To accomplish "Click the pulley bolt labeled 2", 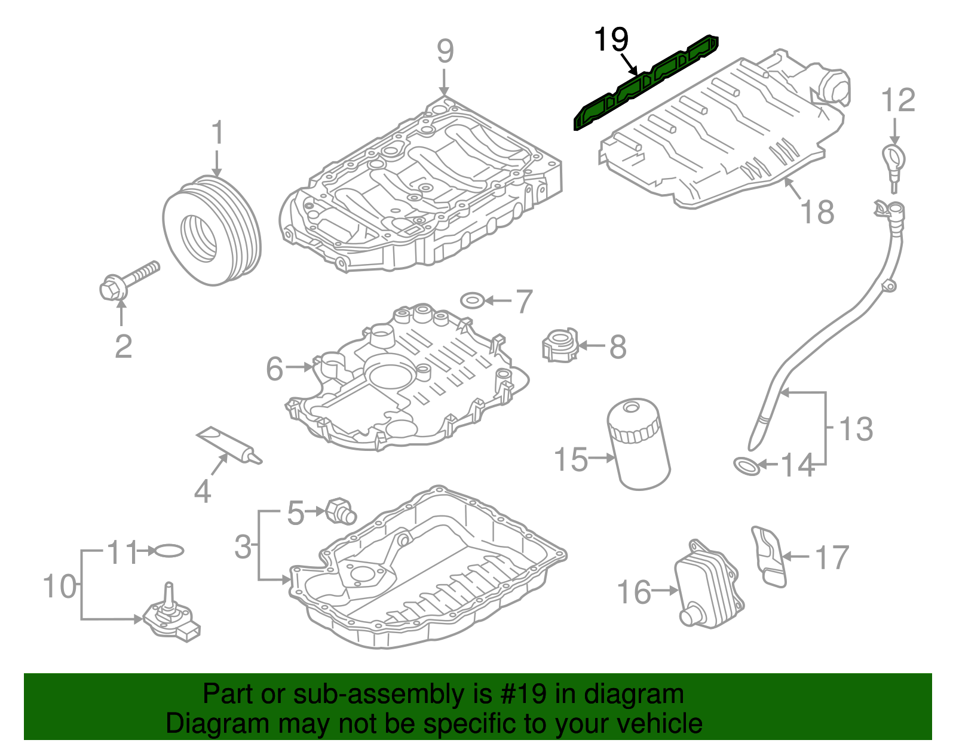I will pyautogui.click(x=130, y=280).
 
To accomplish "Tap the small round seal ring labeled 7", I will pyautogui.click(x=473, y=299).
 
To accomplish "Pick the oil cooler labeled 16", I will pyautogui.click(x=708, y=585).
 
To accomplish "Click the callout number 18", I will pyautogui.click(x=817, y=212).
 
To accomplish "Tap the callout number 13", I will pyautogui.click(x=856, y=429).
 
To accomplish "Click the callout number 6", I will pyautogui.click(x=274, y=369).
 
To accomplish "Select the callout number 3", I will pyautogui.click(x=243, y=546).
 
